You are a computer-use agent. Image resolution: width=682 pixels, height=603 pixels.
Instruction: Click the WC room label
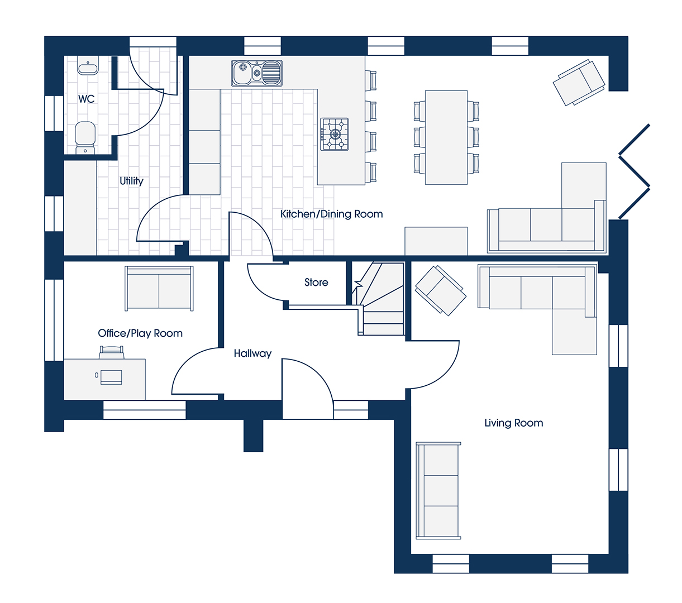(86, 99)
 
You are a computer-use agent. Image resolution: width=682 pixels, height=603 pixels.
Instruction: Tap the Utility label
(131, 181)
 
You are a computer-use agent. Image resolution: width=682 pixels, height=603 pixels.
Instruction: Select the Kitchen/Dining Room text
(332, 214)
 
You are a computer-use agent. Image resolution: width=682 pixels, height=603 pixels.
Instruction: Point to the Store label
(316, 283)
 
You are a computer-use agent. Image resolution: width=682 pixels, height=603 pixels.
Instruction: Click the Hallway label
(252, 353)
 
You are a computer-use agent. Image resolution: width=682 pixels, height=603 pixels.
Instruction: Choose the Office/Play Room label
(140, 333)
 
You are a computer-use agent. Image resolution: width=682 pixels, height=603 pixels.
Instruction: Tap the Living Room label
(514, 423)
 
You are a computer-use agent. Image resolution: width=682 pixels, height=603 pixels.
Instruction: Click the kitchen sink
(257, 73)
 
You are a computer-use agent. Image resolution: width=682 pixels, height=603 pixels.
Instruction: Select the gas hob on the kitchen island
(334, 134)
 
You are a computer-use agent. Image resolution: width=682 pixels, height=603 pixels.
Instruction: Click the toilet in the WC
(85, 138)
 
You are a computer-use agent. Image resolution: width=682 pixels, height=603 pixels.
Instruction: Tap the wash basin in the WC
(88, 65)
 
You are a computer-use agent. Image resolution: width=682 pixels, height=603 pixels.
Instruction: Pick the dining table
(446, 137)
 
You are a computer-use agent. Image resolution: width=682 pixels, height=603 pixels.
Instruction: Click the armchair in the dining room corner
(579, 83)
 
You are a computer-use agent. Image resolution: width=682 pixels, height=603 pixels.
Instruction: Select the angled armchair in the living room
(441, 291)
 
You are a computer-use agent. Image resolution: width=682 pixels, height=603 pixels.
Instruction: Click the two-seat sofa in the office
(159, 288)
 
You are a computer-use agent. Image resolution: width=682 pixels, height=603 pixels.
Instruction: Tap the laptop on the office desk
(111, 377)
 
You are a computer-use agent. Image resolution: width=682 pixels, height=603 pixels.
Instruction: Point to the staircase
(378, 299)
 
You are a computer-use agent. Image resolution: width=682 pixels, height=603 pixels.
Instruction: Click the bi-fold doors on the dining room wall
(634, 171)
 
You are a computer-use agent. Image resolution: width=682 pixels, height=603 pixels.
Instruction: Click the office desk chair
(111, 352)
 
